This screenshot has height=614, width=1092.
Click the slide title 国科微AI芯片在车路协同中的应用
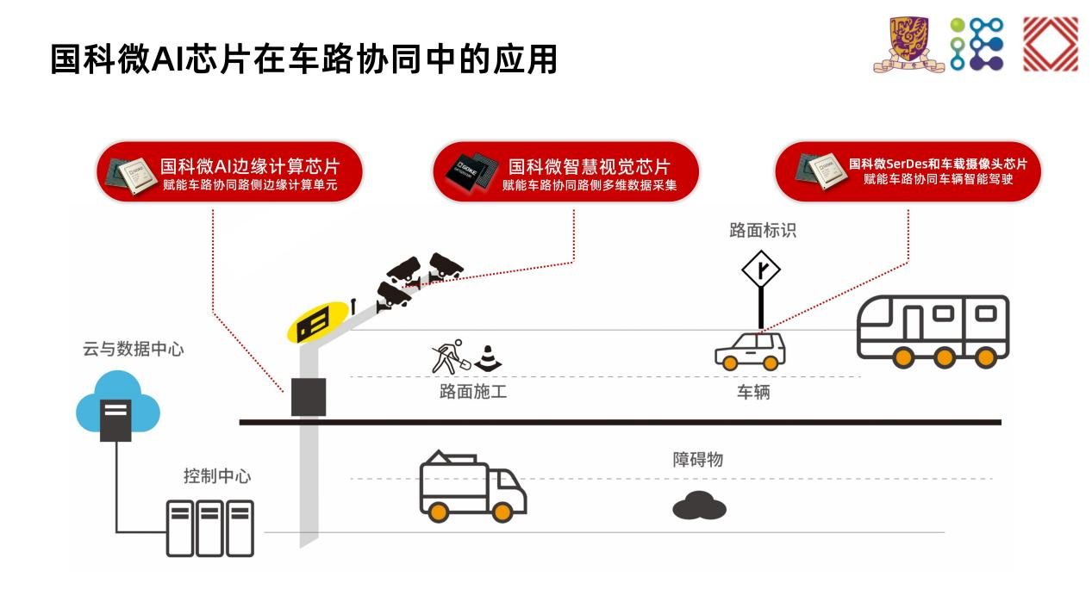click(303, 59)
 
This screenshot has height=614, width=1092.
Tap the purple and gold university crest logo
click(908, 44)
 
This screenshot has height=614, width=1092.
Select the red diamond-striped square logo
click(1050, 44)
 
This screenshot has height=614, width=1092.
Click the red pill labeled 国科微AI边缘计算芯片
click(229, 172)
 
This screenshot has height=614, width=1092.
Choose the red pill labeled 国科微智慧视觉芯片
click(565, 172)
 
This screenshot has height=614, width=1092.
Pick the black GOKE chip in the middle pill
click(471, 172)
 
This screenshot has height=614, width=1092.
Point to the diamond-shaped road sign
click(760, 269)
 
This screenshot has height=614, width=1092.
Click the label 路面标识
click(763, 230)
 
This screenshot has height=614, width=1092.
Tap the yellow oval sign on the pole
click(317, 322)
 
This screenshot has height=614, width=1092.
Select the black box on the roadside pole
click(309, 397)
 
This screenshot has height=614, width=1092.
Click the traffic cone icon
click(488, 358)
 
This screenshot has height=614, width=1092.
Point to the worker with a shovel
click(451, 357)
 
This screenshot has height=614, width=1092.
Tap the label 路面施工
click(473, 392)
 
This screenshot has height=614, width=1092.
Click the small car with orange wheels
click(750, 351)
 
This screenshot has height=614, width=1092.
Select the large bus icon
click(933, 331)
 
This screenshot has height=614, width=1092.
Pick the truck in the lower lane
click(473, 486)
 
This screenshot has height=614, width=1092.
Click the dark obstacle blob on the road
click(699, 505)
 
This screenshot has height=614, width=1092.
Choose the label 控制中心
click(217, 475)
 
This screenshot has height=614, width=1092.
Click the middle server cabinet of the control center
click(209, 528)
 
